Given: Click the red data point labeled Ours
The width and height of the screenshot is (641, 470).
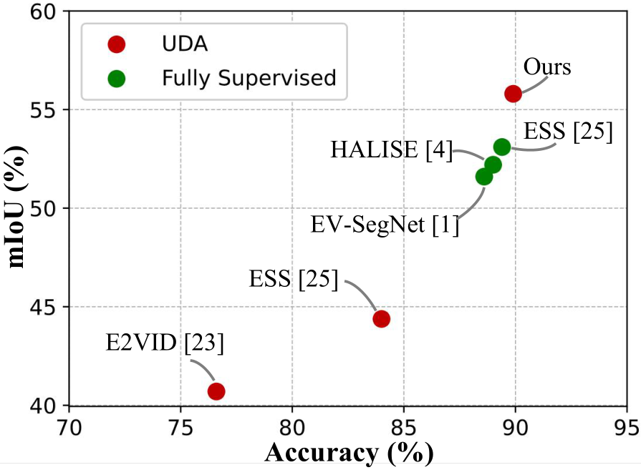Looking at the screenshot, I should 513,94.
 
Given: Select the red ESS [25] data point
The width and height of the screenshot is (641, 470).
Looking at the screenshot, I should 381,318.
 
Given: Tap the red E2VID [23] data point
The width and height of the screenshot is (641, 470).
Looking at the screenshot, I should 216,391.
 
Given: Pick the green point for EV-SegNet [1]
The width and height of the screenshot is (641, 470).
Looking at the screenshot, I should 484,177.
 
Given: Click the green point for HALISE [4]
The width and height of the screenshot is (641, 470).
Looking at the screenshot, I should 493,165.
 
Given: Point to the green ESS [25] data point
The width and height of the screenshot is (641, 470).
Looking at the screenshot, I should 502,147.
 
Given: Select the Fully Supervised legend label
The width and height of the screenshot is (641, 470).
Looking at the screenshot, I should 249,77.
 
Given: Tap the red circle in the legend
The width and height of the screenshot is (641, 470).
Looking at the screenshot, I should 115,44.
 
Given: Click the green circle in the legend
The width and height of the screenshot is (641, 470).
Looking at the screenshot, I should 115,77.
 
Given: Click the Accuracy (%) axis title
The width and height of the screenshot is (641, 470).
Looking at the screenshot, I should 349,453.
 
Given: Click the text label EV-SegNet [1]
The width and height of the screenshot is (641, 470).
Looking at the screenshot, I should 385,225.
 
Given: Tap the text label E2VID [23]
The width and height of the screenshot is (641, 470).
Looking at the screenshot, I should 165,344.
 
